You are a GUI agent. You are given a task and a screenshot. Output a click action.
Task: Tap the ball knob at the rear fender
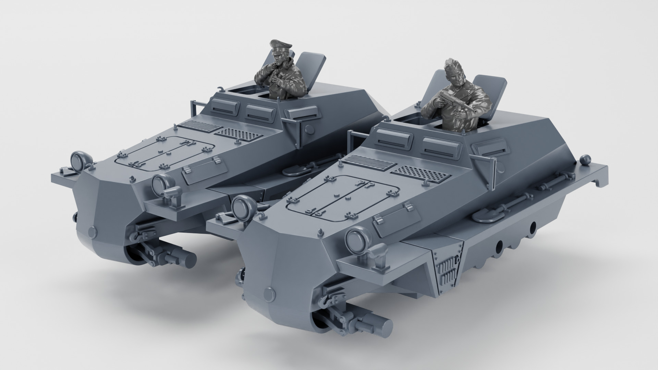pyautogui.click(x=585, y=159)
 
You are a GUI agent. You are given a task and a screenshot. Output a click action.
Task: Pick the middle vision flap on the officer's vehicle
pyautogui.click(x=260, y=111)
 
